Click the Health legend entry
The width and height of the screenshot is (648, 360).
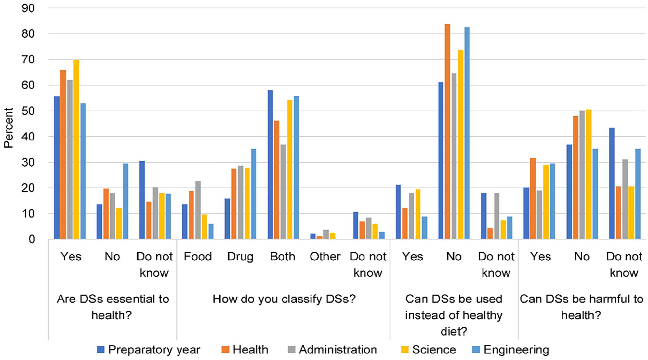[245, 350]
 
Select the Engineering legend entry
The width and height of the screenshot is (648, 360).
[510, 350]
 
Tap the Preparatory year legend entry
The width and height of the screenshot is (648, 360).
[149, 350]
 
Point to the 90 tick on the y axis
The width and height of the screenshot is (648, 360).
[28, 8]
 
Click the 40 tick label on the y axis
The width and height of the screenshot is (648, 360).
[28, 137]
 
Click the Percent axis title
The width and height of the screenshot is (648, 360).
[8, 128]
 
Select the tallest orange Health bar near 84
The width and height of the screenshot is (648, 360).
[447, 132]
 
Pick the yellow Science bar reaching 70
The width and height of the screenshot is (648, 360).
[76, 150]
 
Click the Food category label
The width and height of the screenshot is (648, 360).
[198, 257]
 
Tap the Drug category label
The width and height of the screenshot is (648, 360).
[240, 257]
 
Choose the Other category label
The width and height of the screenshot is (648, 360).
[325, 257]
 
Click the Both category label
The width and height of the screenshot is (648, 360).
[283, 257]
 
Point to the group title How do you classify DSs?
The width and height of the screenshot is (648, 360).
[284, 299]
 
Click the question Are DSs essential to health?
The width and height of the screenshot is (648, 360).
[113, 307]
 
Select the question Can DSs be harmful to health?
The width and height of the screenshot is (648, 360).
[582, 307]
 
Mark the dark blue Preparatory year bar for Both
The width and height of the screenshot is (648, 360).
[270, 165]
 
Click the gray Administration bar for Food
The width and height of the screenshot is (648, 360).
[198, 210]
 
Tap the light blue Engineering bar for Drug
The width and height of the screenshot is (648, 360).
[254, 194]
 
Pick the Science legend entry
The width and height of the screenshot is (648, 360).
[429, 350]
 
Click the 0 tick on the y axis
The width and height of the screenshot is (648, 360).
[32, 239]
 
